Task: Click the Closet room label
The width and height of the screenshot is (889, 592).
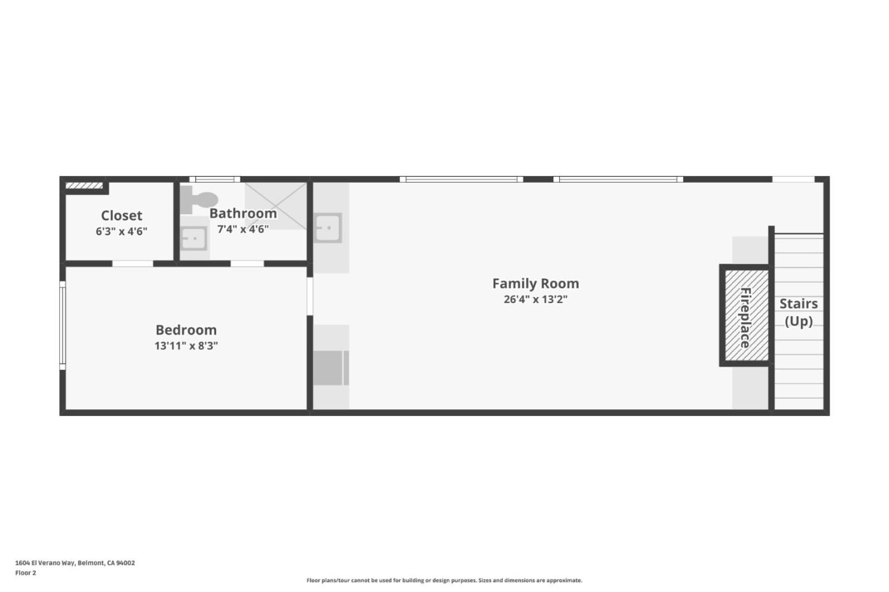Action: pos(122,215)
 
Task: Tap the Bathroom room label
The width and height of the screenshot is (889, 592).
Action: pos(243,213)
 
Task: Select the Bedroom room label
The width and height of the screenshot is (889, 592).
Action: pos(186,330)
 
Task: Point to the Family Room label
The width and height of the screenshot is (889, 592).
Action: pos(536,283)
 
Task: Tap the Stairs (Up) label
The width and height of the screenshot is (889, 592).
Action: pos(798,312)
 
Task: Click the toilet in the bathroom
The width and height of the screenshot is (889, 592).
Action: pos(199,199)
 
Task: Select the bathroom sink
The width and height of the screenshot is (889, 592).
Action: pos(194,238)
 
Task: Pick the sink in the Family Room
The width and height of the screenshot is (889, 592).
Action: pos(328,228)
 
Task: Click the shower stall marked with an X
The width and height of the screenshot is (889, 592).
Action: pos(276,206)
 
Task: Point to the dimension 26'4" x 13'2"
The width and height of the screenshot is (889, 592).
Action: pos(536,299)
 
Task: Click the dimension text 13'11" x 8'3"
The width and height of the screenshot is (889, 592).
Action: pos(186,346)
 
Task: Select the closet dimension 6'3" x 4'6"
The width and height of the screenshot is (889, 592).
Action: pos(122,231)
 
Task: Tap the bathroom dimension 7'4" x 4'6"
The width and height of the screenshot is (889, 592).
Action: pos(243,229)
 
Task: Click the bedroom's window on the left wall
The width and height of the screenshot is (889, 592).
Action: pos(62,325)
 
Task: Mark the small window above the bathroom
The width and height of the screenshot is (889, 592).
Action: pos(215,179)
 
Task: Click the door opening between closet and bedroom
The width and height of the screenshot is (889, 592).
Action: pos(133,264)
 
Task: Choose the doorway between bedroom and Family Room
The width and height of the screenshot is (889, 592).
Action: pos(309,296)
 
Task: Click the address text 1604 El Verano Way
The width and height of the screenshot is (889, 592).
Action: pos(45,562)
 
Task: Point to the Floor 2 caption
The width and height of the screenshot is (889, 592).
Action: pos(26,573)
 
